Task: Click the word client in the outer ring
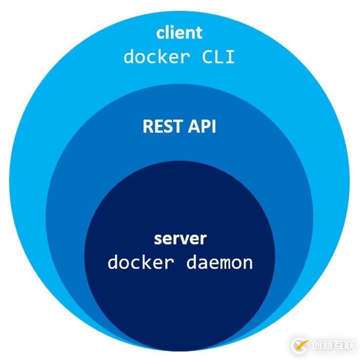[x=179, y=33]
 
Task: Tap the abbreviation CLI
[x=217, y=56]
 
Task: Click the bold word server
[x=180, y=239]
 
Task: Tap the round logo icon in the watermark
[x=301, y=345]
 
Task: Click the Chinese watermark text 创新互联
[x=333, y=345]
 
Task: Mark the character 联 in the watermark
[x=349, y=345]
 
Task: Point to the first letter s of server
[x=158, y=239]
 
